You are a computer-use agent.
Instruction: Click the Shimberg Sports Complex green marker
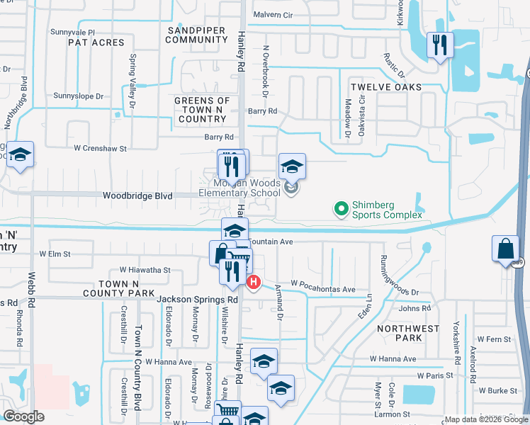[342, 208]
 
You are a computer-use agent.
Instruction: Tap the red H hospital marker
[254, 282]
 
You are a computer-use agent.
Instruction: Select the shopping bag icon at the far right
[506, 249]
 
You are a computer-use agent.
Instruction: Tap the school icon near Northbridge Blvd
[21, 155]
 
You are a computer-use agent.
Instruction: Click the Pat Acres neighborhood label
[96, 43]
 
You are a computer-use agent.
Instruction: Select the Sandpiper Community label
[196, 35]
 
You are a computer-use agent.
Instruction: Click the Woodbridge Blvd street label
[137, 195]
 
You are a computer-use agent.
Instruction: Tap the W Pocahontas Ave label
[322, 290]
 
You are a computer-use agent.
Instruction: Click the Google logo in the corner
[24, 416]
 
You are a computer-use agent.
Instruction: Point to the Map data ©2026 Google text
[486, 419]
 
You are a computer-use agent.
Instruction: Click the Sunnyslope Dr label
[79, 96]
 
